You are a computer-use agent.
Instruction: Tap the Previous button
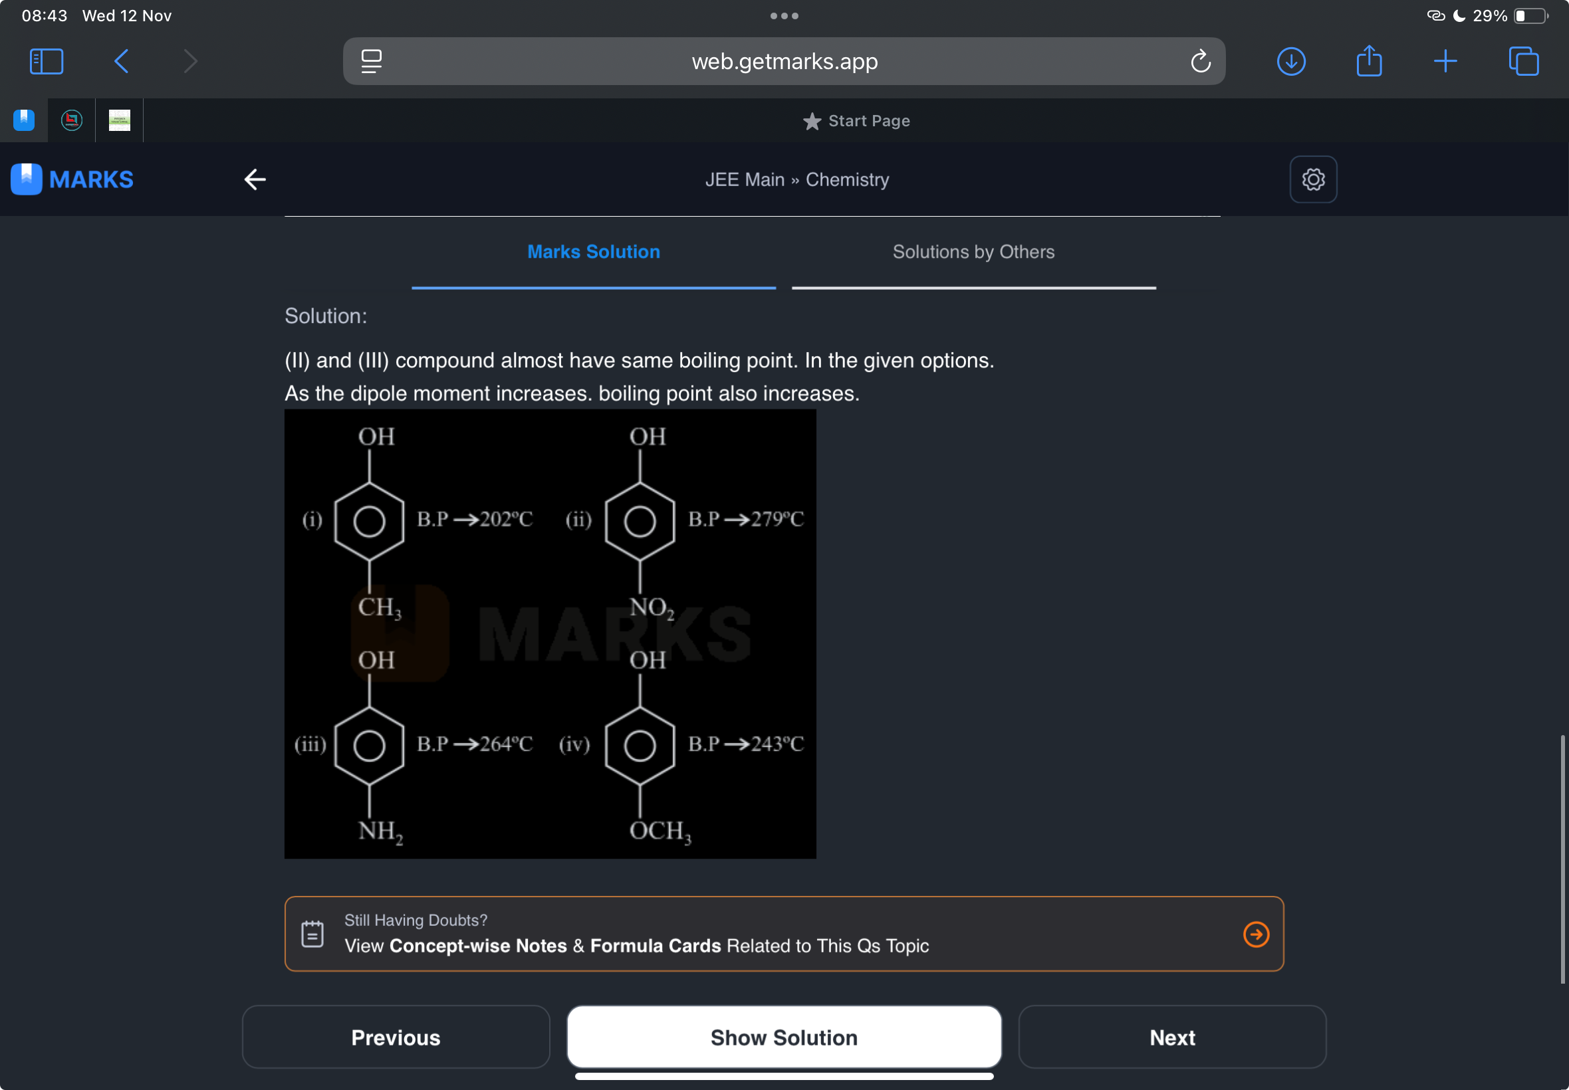click(396, 1037)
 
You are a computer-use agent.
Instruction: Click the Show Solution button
click(783, 1037)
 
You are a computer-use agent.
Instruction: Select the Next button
click(1171, 1037)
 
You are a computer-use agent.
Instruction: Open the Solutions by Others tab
click(973, 252)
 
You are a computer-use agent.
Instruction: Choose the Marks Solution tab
click(594, 252)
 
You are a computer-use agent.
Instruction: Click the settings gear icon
click(1313, 179)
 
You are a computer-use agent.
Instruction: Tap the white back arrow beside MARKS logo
click(255, 179)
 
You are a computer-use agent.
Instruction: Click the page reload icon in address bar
click(1200, 61)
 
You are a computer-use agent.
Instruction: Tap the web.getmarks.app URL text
click(784, 61)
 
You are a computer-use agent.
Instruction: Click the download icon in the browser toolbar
click(1291, 61)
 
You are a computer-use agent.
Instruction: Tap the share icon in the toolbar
click(1369, 60)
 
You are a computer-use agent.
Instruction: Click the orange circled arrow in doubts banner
click(1255, 934)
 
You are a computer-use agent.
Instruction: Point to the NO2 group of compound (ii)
click(651, 607)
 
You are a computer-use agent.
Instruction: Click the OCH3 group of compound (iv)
click(660, 831)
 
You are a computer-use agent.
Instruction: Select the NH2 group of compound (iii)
click(380, 831)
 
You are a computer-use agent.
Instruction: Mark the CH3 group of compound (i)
click(379, 607)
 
